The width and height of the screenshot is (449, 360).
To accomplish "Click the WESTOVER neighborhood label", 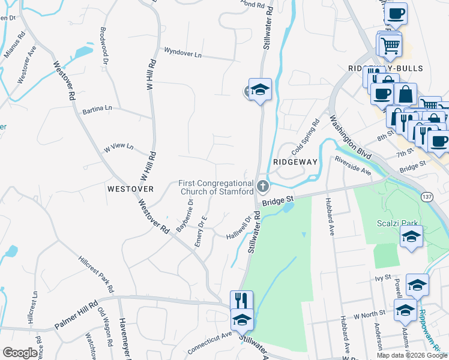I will (130, 188).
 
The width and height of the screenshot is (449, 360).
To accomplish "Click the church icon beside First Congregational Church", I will (262, 188).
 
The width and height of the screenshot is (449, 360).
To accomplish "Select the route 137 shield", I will (427, 196).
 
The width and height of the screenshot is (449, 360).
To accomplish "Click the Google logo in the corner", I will (20, 353).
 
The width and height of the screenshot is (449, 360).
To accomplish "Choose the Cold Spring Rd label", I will (306, 139).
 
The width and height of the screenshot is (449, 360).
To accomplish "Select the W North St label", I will (367, 315).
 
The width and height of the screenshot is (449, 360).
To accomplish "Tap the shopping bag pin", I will (405, 95).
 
